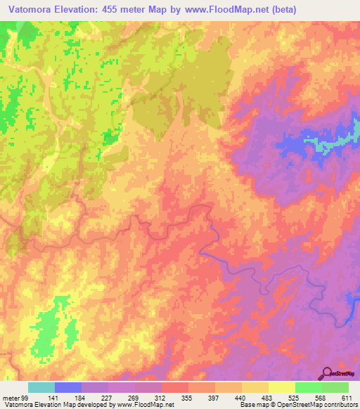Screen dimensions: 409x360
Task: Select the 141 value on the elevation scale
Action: tap(54, 398)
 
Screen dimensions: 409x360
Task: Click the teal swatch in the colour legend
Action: tap(41, 387)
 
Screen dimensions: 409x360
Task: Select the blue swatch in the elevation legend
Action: tap(68, 387)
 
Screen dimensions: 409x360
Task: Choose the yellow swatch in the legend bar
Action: tap(281, 387)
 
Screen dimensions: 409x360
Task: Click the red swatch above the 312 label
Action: tap(175, 387)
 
